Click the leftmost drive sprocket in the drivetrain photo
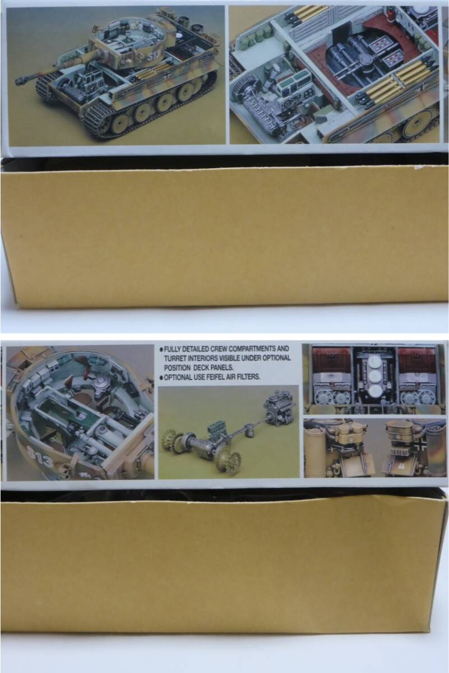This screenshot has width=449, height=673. point(170,442)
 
